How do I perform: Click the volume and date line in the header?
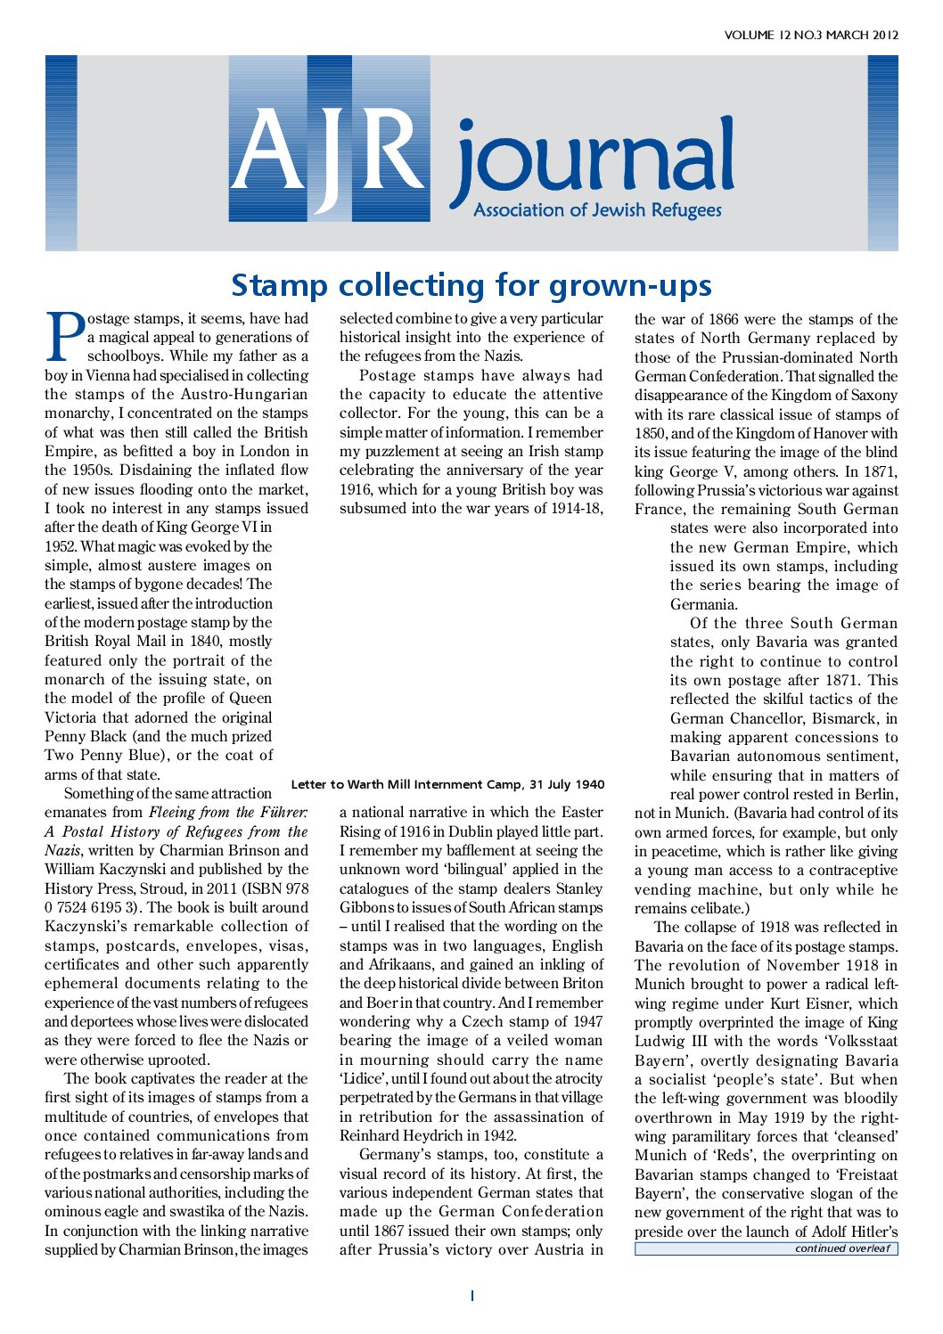point(811,36)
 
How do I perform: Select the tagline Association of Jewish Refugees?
point(597,211)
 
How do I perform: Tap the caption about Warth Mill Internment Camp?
point(447,785)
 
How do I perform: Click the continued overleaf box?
point(766,1248)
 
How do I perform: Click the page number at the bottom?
point(471,1296)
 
